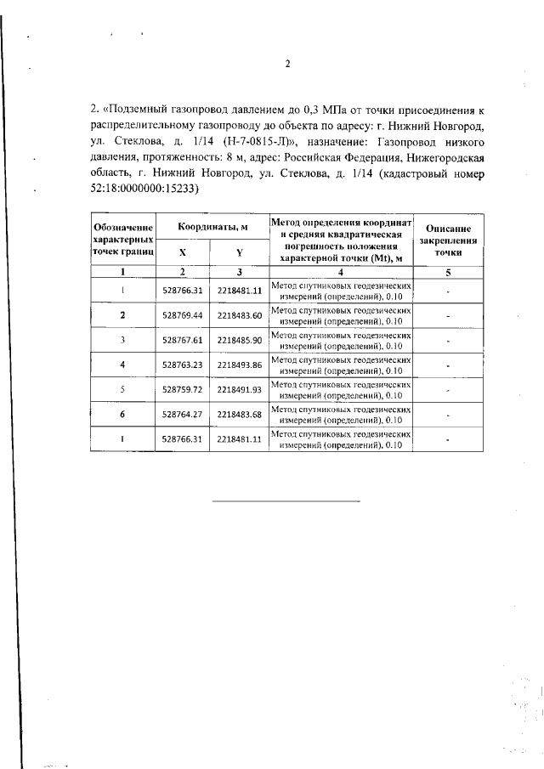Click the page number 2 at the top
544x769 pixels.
tap(287, 64)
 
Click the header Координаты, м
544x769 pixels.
tap(212, 227)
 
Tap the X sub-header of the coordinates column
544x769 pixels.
tap(183, 252)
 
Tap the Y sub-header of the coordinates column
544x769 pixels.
tap(239, 252)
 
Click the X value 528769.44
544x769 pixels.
tap(183, 315)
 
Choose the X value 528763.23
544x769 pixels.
tap(183, 365)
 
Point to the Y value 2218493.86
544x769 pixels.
tap(239, 365)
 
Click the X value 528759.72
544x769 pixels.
tap(183, 389)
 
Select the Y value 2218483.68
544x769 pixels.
tap(239, 414)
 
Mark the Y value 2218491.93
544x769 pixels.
tap(239, 389)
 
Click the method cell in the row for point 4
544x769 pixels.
tap(341, 365)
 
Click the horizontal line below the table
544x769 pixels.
tap(286, 500)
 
